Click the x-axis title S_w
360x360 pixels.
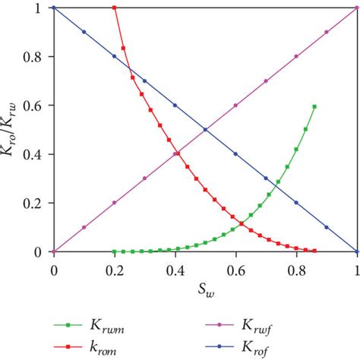coord(205,288)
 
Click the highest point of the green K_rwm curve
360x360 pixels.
coord(314,106)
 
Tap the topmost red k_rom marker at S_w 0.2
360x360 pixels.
coord(115,8)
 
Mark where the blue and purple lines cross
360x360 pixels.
coord(205,129)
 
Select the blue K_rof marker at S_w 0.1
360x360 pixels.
coord(84,32)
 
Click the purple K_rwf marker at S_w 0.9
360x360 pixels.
coord(327,32)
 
